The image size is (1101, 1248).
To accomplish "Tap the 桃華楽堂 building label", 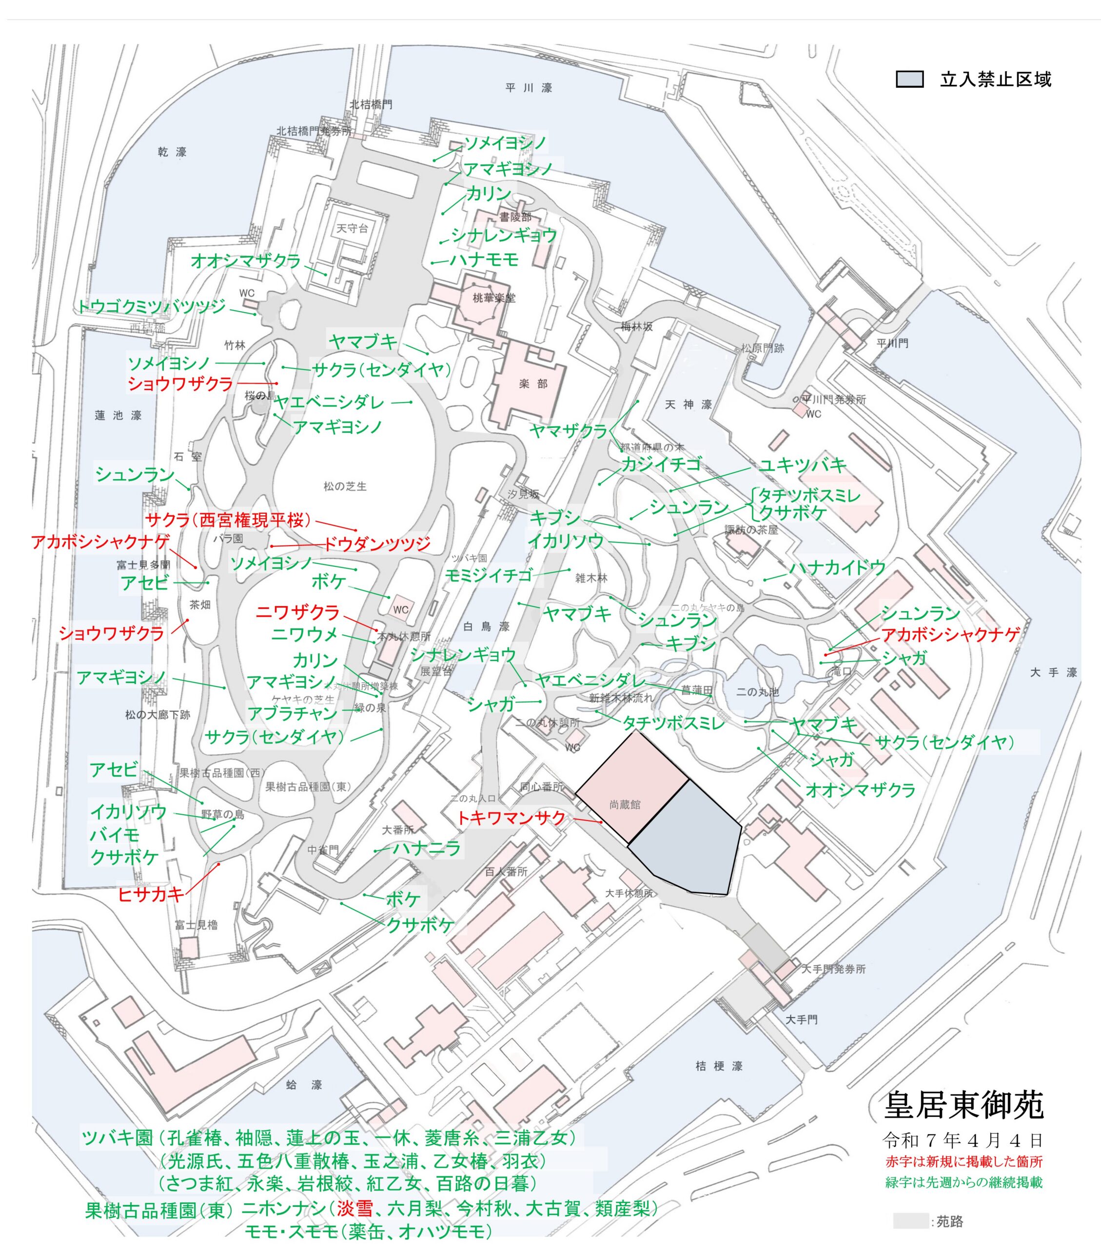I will click(494, 298).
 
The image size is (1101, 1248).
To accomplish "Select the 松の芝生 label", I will click(345, 487).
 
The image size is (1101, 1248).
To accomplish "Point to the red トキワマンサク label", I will click(511, 818).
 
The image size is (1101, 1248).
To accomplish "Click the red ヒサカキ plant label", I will click(151, 895).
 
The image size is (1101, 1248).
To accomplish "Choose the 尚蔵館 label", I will click(625, 805).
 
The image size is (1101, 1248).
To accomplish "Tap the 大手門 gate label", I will click(801, 1019).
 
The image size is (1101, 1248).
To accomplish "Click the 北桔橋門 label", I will click(371, 104).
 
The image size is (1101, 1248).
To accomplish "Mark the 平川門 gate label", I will click(892, 343).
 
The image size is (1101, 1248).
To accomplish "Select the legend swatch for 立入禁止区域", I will click(909, 79).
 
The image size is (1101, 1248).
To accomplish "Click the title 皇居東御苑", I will click(963, 1105).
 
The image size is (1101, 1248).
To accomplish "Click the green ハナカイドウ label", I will click(837, 568).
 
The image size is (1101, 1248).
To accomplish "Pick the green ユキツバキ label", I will click(803, 466).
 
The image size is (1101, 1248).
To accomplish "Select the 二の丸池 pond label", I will click(758, 692).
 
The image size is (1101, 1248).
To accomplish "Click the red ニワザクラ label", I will click(297, 612).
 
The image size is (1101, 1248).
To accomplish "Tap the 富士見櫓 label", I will click(196, 924).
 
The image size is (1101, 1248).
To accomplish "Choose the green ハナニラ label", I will click(426, 848).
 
